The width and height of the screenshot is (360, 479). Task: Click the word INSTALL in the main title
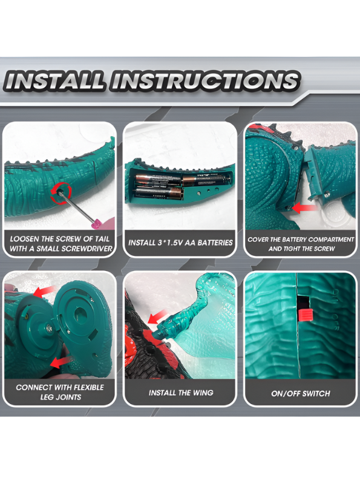[x=54, y=81]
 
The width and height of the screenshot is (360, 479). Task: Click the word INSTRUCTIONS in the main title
[x=205, y=81]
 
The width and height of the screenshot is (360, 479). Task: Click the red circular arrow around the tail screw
[x=61, y=193]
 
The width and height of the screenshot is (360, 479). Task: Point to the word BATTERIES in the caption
[x=215, y=243]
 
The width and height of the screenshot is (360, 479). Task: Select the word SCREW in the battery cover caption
[x=324, y=249]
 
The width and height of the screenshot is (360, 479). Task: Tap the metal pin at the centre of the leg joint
[x=50, y=329]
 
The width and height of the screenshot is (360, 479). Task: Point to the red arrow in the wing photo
[x=158, y=317]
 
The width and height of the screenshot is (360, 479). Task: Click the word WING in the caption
[x=203, y=393]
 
